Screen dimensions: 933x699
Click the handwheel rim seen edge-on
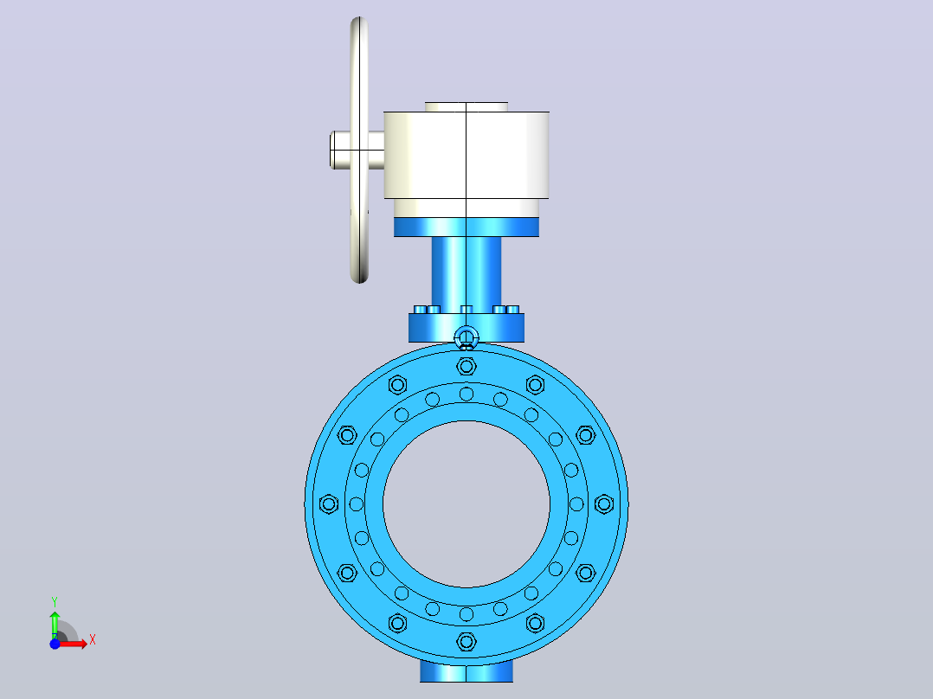click(x=359, y=150)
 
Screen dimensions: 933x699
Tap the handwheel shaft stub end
click(x=332, y=150)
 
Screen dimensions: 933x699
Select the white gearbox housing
click(x=466, y=155)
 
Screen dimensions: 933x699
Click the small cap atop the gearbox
click(x=466, y=107)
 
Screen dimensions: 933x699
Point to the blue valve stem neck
click(x=466, y=271)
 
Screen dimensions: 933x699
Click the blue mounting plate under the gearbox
click(x=466, y=228)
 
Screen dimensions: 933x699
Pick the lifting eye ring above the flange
click(x=466, y=337)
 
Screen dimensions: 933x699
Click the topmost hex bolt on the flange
click(x=466, y=367)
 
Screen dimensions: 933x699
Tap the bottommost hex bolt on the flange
click(x=466, y=642)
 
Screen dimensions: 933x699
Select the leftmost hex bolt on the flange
click(x=329, y=504)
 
